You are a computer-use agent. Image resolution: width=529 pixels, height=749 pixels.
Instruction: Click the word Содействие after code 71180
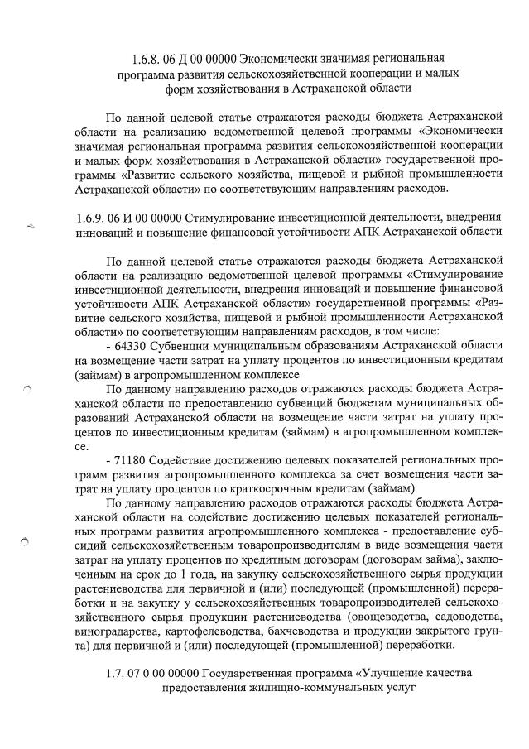[188, 459]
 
